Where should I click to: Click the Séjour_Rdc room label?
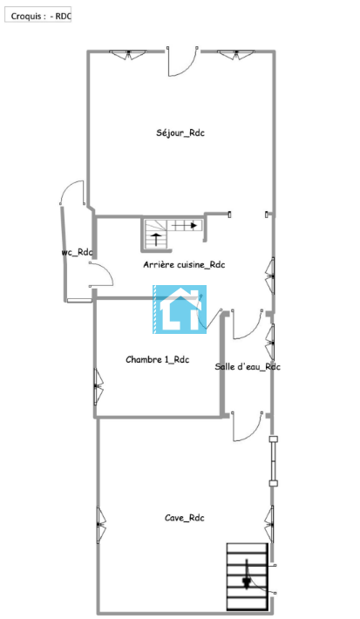pos(180,133)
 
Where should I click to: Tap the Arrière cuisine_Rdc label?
pos(184,264)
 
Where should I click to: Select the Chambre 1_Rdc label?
pos(157,360)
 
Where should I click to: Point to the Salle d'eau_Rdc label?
pos(248,367)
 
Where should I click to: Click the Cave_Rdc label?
pos(184,518)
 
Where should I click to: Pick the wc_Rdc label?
pos(77,252)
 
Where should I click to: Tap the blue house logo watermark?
pos(180,309)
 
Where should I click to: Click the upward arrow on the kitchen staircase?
pos(157,239)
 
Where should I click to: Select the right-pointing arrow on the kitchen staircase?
pos(184,226)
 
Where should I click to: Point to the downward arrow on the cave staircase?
pos(247,574)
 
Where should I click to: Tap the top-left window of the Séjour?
pos(128,54)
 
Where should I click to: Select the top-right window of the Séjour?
pos(236,54)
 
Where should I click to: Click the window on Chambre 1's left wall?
pos(98,386)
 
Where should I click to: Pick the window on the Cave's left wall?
pos(101,525)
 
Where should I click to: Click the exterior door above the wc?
pos(72,193)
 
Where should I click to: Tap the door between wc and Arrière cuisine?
pos(101,274)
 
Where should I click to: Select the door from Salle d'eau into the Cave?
pos(247,426)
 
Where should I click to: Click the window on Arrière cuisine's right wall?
pos(270,276)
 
